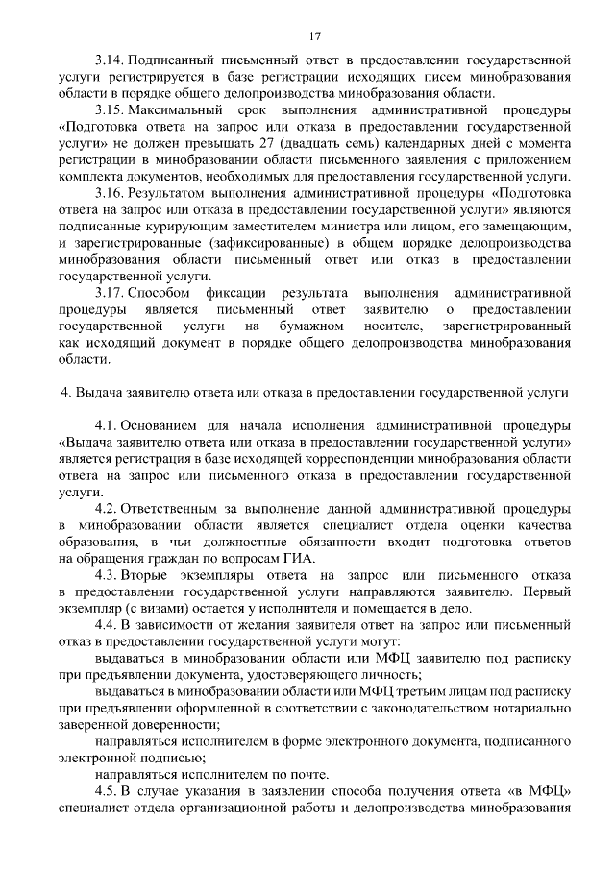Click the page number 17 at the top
pos(314,36)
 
